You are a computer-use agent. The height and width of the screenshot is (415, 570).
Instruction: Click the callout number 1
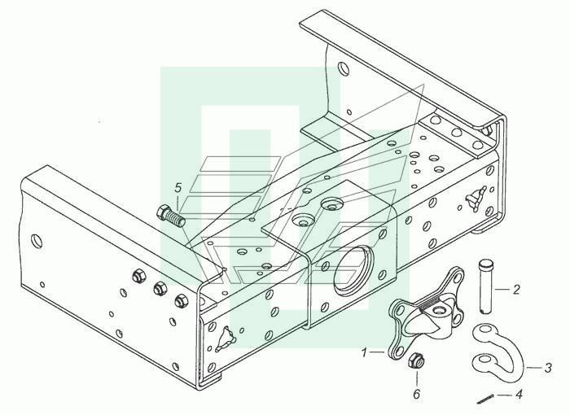coord(365,352)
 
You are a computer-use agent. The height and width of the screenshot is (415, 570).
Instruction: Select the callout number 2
coord(516,289)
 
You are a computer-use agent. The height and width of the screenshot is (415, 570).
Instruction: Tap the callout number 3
coord(548,368)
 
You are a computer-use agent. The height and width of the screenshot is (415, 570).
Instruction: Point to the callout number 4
coord(519,395)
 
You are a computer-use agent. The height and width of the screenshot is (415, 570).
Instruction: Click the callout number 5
coord(178,188)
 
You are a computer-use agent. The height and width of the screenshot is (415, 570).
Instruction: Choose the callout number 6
coord(417,394)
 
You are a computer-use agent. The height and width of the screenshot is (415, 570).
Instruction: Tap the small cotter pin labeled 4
coord(485,400)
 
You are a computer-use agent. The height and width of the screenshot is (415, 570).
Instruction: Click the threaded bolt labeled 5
coord(170,216)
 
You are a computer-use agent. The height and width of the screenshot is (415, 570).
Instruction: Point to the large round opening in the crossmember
coord(353,269)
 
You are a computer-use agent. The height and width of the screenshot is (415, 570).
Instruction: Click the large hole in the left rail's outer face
coord(37,241)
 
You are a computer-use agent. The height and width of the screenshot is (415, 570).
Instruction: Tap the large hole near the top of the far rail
coord(343,68)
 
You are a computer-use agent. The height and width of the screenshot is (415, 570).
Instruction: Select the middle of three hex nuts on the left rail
coord(159,289)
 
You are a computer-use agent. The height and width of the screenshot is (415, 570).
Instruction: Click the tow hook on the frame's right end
coord(476,199)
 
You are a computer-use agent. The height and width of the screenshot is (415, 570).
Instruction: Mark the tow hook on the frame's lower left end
coord(226,339)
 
